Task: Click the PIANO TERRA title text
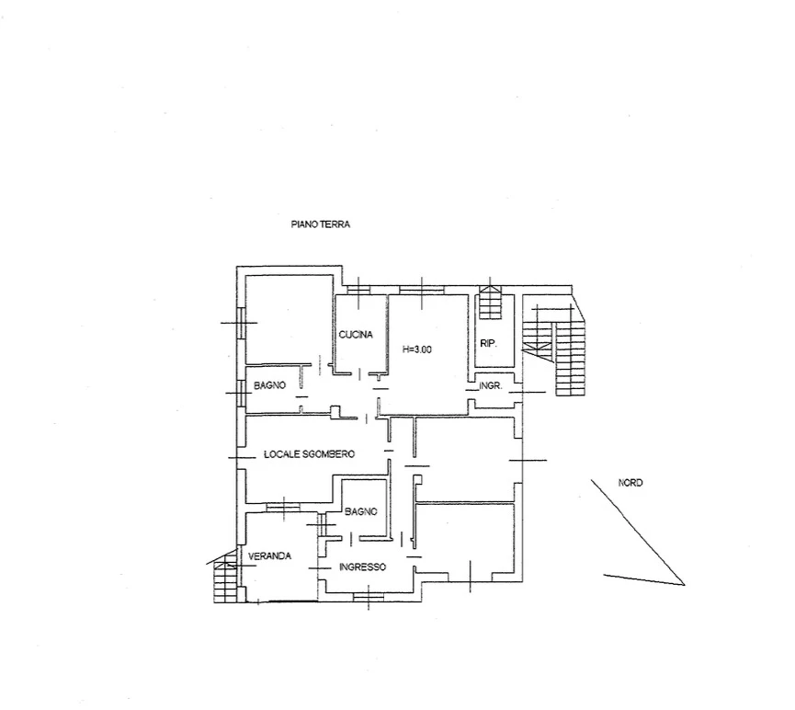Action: click(x=321, y=223)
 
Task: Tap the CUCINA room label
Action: click(x=356, y=335)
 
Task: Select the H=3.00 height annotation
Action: click(x=416, y=349)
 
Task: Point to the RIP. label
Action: click(x=488, y=344)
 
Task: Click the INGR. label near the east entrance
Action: click(x=490, y=385)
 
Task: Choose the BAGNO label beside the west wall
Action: click(x=269, y=385)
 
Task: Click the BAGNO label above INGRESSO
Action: click(x=361, y=511)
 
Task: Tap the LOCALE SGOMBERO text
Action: click(x=310, y=453)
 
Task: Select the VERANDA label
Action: click(x=269, y=555)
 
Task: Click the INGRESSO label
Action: click(x=362, y=567)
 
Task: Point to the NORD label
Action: click(x=630, y=483)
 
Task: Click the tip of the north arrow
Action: click(x=685, y=585)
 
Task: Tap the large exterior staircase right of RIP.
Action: click(x=555, y=350)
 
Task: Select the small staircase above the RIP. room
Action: click(x=490, y=303)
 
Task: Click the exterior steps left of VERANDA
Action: click(x=224, y=578)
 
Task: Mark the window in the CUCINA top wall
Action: click(x=359, y=290)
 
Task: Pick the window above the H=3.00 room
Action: click(x=421, y=290)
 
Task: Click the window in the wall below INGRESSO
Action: click(x=369, y=597)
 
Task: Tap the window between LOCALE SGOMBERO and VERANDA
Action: click(x=283, y=507)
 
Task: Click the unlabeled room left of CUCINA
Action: click(x=289, y=320)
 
